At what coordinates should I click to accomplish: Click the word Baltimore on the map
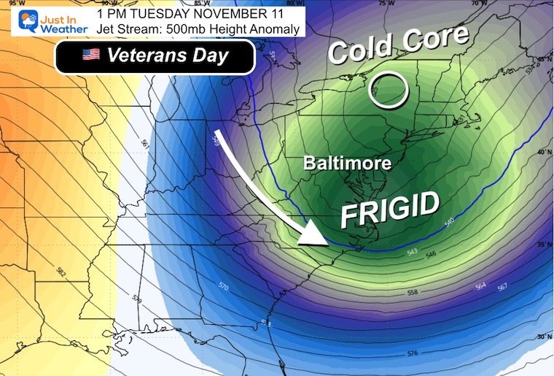pos(348,163)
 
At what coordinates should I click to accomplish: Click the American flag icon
pos(90,55)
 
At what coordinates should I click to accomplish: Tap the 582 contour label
pos(61,272)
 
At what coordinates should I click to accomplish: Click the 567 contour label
pos(502,287)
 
